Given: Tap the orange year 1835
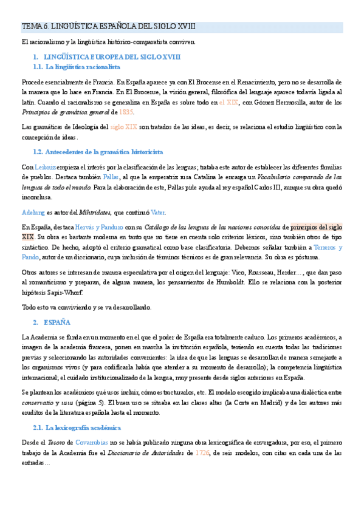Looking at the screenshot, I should [126, 112].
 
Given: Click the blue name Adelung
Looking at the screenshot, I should [33, 212].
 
